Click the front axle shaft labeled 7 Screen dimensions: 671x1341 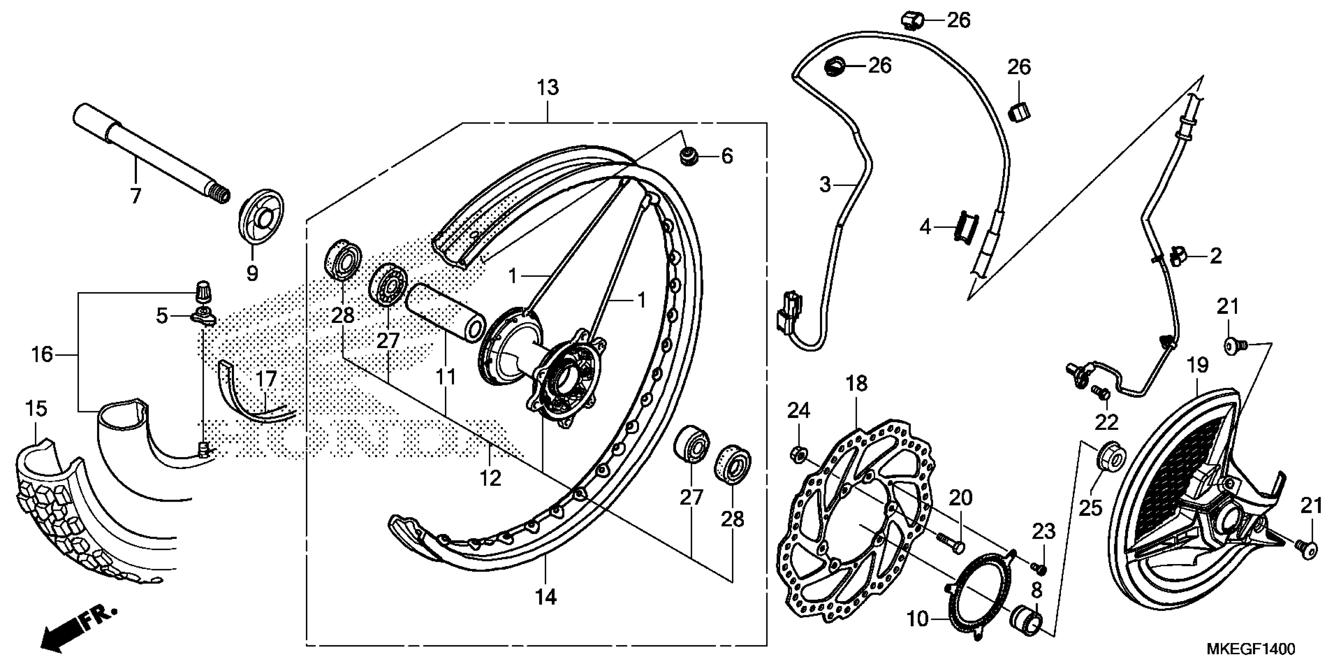151,154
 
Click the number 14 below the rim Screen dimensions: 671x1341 545,597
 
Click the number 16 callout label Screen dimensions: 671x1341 42,355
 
